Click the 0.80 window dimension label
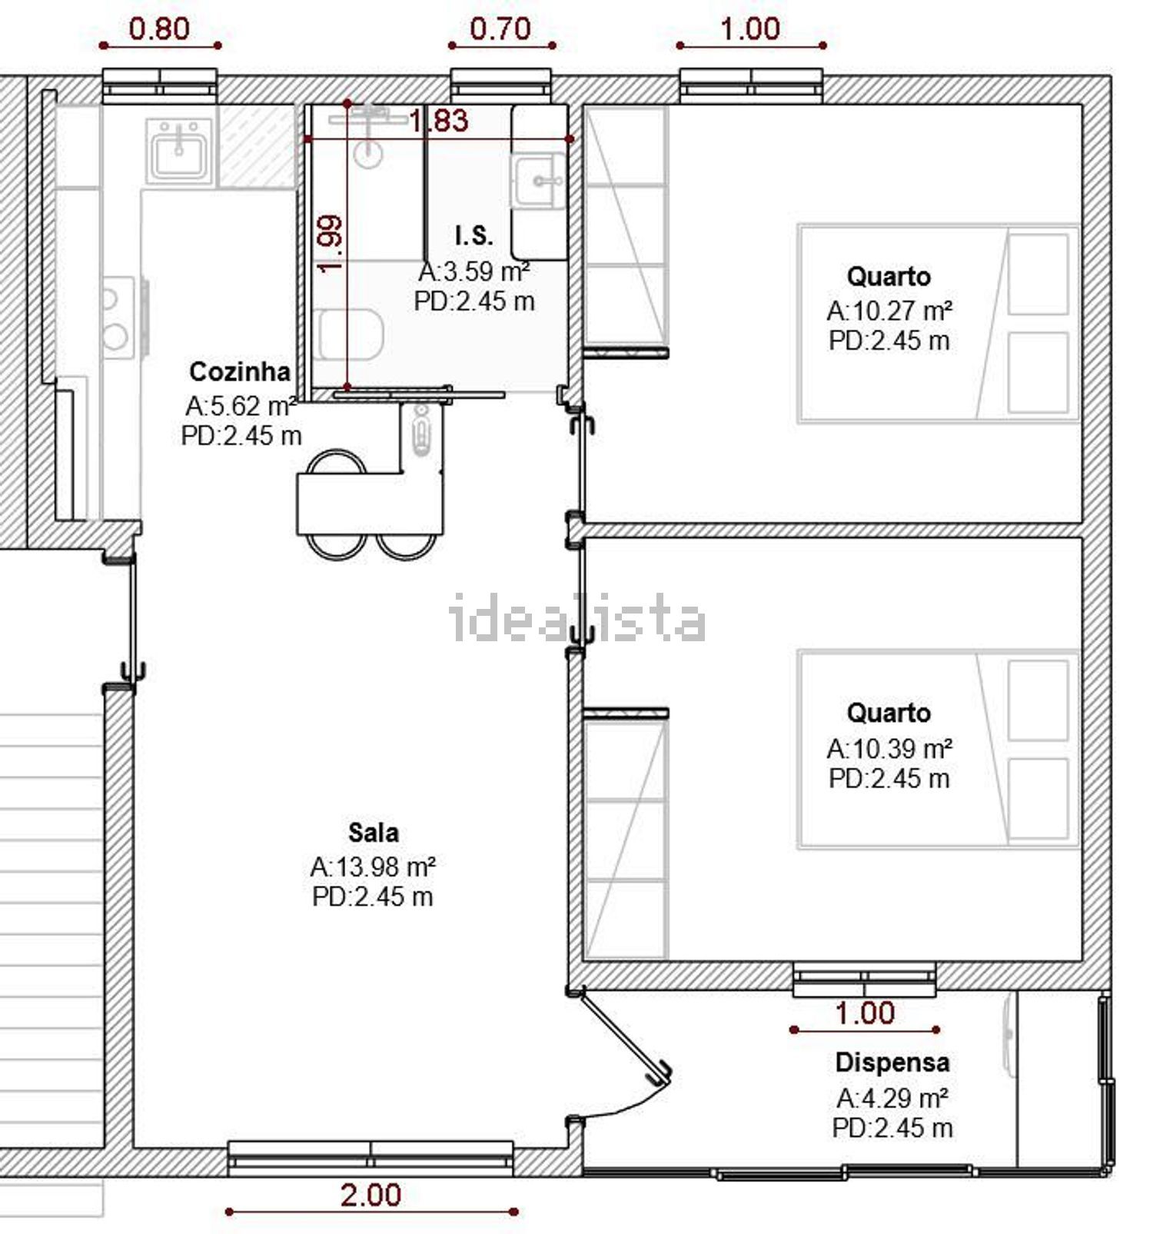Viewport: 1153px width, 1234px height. pos(159,29)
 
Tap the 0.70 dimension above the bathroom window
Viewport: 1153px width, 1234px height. pos(500,29)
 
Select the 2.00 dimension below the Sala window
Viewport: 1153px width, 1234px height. pos(371,1195)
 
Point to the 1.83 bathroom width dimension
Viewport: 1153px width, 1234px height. pos(438,121)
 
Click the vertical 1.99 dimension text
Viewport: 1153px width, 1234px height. pos(331,244)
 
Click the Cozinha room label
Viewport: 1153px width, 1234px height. pos(240,371)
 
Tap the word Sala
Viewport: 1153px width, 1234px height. pos(374,832)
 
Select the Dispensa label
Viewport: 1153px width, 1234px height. pos(892,1063)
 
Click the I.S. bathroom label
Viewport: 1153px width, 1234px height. pos(473,235)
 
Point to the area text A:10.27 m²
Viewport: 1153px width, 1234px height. pos(889,311)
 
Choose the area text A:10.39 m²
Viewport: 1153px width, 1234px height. pos(889,748)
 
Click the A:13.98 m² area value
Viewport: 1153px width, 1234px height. pos(373,867)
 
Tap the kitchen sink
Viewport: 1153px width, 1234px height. pos(179,151)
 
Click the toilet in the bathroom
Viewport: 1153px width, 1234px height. pos(350,334)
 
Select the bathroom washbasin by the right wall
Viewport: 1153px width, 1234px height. pos(539,181)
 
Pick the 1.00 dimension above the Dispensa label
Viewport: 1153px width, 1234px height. pos(866,1013)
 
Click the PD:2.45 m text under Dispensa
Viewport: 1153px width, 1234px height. pos(892,1128)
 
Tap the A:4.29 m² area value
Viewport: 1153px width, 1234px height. pos(892,1097)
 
